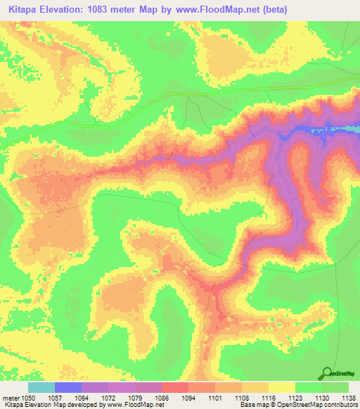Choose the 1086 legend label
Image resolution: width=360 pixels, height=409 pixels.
coord(162,397)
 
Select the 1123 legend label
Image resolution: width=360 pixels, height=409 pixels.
coord(295,397)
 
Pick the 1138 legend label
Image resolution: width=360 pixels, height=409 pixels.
coord(348,397)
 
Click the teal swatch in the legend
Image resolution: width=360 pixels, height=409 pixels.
coord(41,387)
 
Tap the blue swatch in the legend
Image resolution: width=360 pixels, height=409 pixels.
coord(68,387)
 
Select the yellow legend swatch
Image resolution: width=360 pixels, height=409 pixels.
coord(281,387)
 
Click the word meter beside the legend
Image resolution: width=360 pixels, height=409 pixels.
coord(11,397)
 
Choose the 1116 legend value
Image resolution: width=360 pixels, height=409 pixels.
coord(268,397)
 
